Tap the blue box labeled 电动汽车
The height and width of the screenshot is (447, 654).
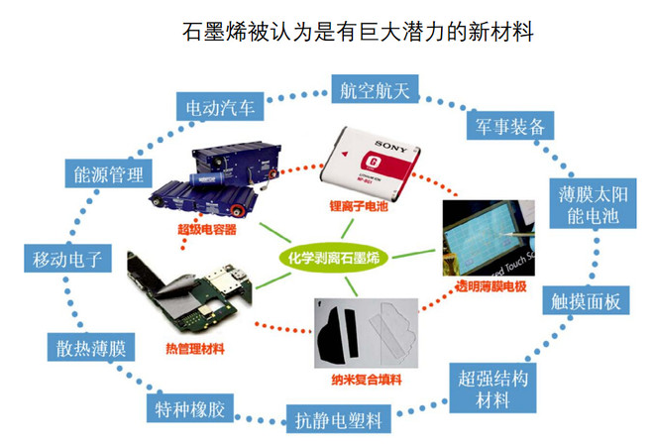pyautogui.click(x=218, y=105)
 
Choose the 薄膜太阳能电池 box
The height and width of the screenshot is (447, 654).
pyautogui.click(x=585, y=202)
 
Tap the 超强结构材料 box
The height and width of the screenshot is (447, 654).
pyautogui.click(x=490, y=389)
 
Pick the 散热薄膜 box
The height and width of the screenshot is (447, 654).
pyautogui.click(x=88, y=347)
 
